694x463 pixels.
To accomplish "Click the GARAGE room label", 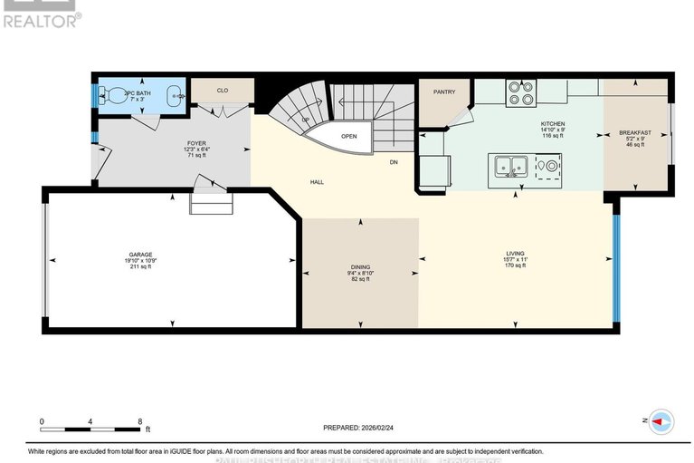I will coord(139,255).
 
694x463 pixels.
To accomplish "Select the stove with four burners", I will coord(521,92).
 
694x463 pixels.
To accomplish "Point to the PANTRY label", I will coord(443,92).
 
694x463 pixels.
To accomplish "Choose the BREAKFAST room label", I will coord(635,132).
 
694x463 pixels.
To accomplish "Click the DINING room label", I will coord(360,266).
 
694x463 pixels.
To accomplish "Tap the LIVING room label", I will coord(516,253).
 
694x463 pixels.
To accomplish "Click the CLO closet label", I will coord(222,91).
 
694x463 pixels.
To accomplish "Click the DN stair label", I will coord(394,162).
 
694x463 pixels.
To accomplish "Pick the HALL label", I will coord(318,182).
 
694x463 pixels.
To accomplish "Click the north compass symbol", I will coord(661,420).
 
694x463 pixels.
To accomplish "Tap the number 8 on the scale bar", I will coord(139,421).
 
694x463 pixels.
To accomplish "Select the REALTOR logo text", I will coord(41,18).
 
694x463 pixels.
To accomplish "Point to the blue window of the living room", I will coord(616,263).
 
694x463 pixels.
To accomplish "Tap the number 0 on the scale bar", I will coord(42,421).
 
